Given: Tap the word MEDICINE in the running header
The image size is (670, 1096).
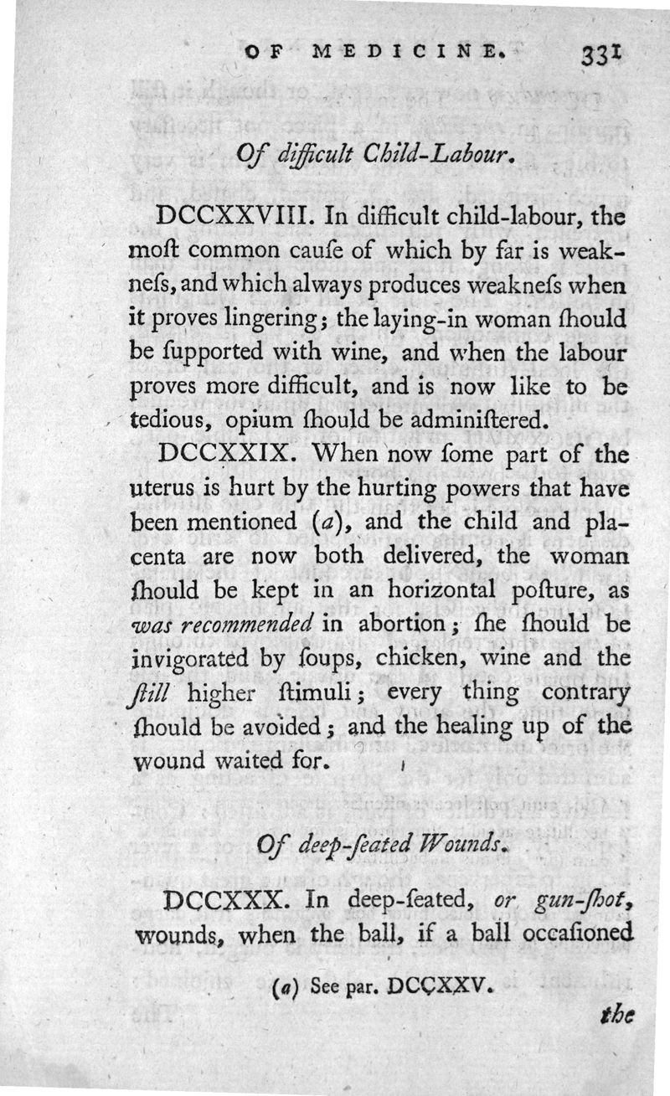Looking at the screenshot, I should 408,52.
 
